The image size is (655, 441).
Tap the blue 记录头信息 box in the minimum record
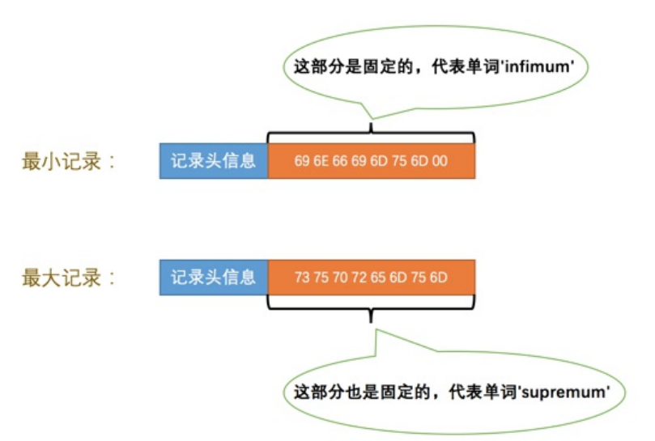click(x=213, y=161)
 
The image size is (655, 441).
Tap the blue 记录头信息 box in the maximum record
click(x=213, y=278)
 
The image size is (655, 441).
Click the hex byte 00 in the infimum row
click(x=440, y=161)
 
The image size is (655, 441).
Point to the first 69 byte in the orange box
click(x=302, y=161)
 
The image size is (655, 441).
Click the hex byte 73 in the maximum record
click(x=302, y=278)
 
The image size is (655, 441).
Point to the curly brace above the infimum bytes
click(x=371, y=135)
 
